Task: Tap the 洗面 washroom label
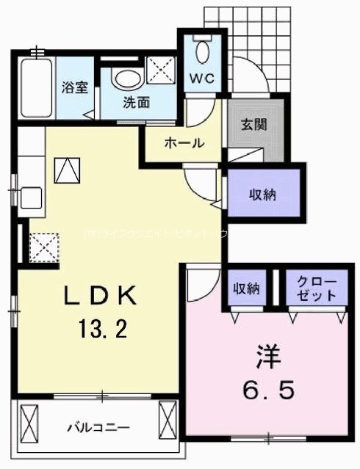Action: point(137,103)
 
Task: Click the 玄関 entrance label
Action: point(253,124)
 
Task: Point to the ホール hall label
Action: point(184,143)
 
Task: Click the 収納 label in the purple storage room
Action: point(263,194)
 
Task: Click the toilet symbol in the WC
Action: point(203,51)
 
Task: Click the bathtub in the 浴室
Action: point(35,88)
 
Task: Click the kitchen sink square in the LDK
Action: point(31,197)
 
